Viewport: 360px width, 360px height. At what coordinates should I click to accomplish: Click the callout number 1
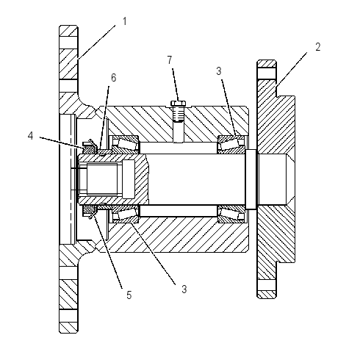pos(125,21)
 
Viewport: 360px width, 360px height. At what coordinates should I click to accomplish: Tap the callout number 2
pos(317,47)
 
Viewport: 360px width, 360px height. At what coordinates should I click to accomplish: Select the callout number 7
pos(170,60)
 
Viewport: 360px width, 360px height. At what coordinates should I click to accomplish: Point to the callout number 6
pos(113,78)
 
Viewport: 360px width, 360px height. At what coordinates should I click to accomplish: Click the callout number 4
pos(30,135)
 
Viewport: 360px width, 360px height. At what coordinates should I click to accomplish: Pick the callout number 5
pos(129,295)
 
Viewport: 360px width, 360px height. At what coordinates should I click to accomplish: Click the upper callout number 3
pos(219,71)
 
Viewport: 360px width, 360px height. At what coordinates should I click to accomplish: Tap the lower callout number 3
pos(184,289)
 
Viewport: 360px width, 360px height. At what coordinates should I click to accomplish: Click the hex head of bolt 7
pos(178,104)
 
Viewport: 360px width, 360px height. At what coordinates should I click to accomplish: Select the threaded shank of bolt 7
pos(178,114)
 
